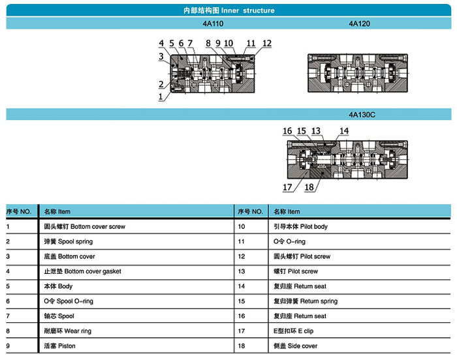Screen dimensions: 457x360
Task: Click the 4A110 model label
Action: click(213, 23)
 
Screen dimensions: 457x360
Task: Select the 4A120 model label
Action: click(359, 23)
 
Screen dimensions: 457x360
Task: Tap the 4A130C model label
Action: click(362, 115)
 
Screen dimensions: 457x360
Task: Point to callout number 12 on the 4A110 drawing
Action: click(266, 44)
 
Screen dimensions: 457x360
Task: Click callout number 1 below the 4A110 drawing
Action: click(161, 97)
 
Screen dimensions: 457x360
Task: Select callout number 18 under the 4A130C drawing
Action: click(309, 187)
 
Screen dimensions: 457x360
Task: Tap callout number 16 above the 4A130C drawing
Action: click(287, 131)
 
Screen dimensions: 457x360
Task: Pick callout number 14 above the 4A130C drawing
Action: click(344, 131)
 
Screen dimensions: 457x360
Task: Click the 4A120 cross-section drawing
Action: click(358, 73)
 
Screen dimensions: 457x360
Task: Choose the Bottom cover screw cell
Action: click(84, 226)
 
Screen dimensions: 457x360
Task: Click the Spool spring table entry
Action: click(68, 241)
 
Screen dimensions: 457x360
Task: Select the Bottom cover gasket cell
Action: click(82, 271)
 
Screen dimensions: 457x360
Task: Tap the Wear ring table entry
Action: click(68, 331)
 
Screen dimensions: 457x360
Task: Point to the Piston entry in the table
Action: click(60, 346)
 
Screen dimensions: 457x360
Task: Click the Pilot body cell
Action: click(300, 226)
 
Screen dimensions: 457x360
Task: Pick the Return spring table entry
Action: click(306, 301)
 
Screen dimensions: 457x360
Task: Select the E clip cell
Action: click(294, 331)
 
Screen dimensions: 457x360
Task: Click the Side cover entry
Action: click(295, 346)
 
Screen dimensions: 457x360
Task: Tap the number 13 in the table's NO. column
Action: click(242, 271)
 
